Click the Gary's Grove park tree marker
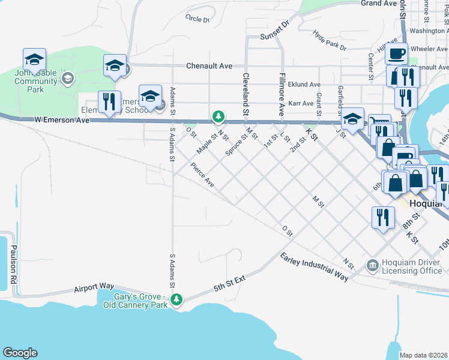point(176,299)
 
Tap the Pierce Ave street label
point(202,173)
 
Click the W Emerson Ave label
point(61,120)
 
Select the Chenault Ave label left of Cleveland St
point(209,66)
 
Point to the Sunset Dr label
point(274,37)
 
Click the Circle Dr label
point(197,19)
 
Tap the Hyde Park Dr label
point(330,41)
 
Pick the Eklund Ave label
point(304,85)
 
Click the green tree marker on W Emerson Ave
point(219,116)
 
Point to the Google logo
point(20,353)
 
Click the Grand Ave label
point(378,4)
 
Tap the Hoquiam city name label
point(428,203)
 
